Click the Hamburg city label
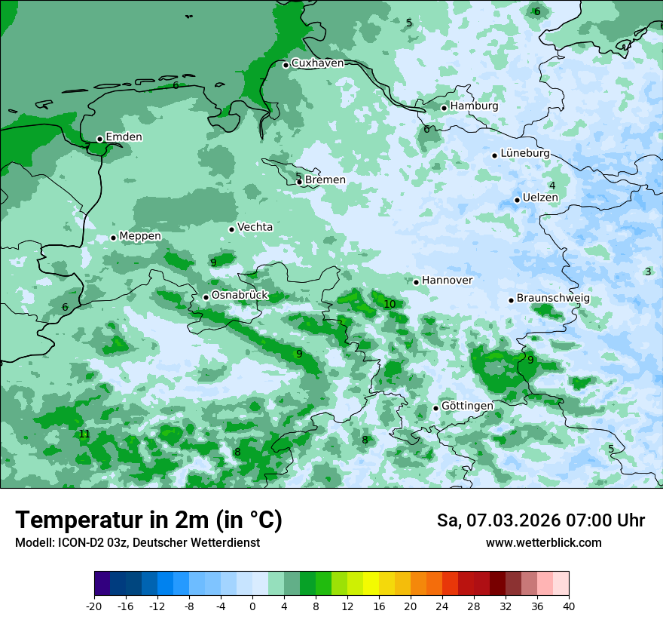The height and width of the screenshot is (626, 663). coord(474,106)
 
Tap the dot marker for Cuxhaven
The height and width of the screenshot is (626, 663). coord(286,65)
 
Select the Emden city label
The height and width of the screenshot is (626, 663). coord(124,137)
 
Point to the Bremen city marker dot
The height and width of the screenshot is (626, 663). coord(299,182)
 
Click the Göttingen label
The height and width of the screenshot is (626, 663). coord(467,406)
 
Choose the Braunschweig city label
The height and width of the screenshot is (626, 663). coord(553,299)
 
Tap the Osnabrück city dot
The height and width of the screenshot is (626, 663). coord(206,297)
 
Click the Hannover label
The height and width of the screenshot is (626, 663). coord(447,281)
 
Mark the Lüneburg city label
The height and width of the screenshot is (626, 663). coord(524,153)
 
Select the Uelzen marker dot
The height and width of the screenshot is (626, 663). coord(517,200)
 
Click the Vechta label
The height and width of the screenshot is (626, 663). coord(255,227)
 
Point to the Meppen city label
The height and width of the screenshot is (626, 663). coord(140,236)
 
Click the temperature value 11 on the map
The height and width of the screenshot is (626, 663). coord(84,434)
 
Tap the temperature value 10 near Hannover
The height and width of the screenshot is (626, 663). coord(390,304)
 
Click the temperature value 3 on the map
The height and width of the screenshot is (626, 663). coord(647,272)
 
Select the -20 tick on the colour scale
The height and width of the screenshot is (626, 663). coord(94,606)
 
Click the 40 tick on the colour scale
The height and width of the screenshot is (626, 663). coord(568,606)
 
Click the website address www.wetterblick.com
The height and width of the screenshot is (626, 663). coord(543,542)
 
